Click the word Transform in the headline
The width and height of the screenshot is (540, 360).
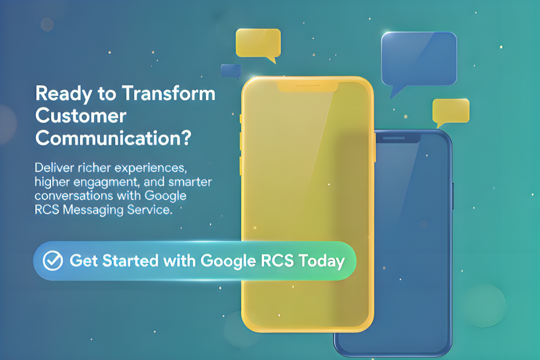tap(169, 94)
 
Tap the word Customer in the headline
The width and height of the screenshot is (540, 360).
tap(81, 116)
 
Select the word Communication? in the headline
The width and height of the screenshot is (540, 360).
tap(114, 138)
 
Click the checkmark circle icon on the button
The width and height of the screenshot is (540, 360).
tap(53, 261)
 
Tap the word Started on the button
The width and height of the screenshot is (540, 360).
tap(130, 261)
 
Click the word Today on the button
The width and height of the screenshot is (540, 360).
tap(321, 261)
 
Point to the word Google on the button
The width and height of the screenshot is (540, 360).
tap(228, 262)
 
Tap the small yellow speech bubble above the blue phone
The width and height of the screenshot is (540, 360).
tap(451, 111)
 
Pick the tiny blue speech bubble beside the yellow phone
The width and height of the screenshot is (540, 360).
tap(231, 71)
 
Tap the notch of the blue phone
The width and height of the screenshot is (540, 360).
tap(398, 138)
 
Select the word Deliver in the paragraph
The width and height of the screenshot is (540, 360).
tap(55, 168)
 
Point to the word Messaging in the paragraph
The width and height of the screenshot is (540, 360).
tap(93, 210)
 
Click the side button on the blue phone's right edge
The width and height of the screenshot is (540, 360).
tap(453, 196)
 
